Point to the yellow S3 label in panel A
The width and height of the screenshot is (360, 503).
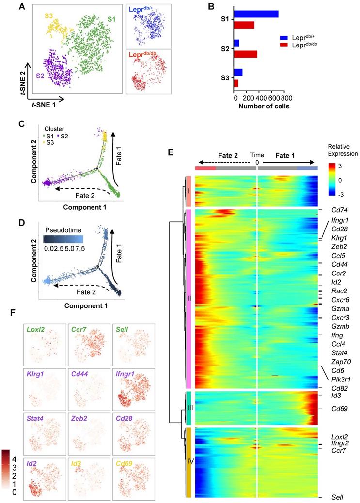[x=49, y=16]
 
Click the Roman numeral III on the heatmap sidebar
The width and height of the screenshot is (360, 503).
[x=189, y=408]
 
